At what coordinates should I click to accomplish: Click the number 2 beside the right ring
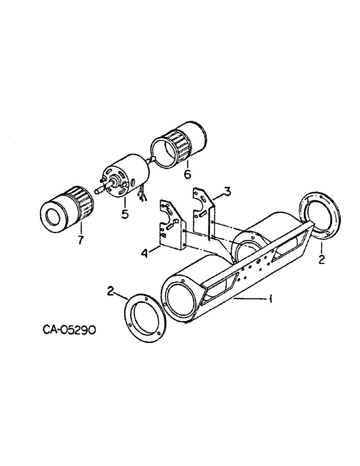coord(321,260)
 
